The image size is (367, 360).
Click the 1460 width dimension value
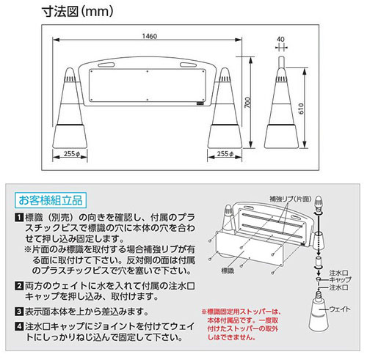(x=150, y=36)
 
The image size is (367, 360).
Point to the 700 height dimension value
(x=247, y=102)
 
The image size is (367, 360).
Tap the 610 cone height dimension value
(x=301, y=109)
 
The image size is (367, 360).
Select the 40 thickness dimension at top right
(x=280, y=39)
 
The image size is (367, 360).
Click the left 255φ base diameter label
(x=72, y=154)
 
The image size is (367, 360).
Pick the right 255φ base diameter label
(x=225, y=154)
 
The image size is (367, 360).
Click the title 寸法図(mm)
(x=78, y=12)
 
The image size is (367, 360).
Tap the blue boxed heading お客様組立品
(x=51, y=200)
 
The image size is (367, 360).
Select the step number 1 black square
(x=19, y=217)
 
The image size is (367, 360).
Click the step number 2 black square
(x=19, y=285)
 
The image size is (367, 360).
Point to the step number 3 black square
(x=19, y=312)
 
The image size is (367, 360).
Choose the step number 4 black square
(x=19, y=326)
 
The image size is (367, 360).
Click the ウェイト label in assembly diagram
(x=340, y=309)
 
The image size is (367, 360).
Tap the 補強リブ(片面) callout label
(x=291, y=199)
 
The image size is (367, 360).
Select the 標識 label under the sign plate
(x=228, y=271)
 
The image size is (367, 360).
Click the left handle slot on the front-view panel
(x=106, y=65)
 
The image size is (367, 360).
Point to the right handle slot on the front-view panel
(x=188, y=65)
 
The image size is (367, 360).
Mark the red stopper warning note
(x=241, y=325)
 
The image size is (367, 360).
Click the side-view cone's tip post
(x=281, y=62)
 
